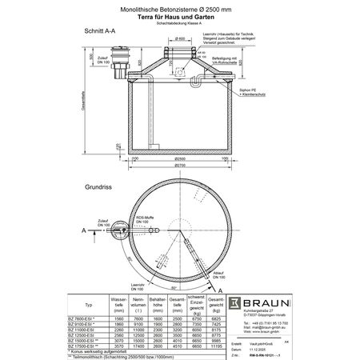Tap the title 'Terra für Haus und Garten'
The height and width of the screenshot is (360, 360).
click(x=180, y=15)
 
